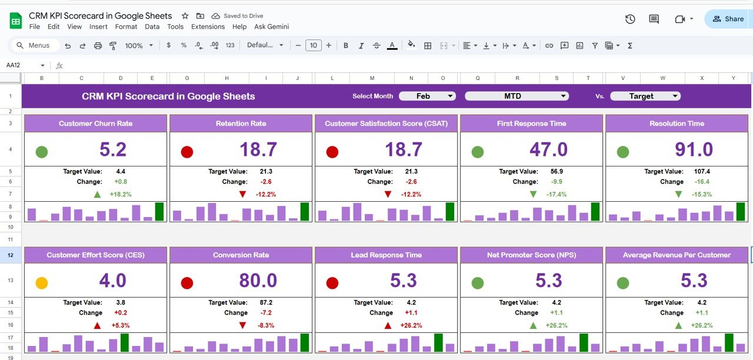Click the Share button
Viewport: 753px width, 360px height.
[x=728, y=19]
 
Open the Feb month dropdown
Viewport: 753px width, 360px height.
[x=427, y=96]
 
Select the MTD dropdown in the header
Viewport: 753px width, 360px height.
[x=517, y=96]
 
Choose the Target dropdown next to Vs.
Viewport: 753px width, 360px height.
[x=645, y=96]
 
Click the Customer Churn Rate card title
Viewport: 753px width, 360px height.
[x=95, y=124]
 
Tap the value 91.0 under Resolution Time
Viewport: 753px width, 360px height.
[x=694, y=149]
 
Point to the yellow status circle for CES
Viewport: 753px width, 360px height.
[x=42, y=283]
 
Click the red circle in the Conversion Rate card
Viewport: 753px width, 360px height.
[x=187, y=283]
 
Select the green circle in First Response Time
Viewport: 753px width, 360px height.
[x=478, y=152]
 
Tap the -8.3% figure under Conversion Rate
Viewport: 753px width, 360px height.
[x=265, y=325]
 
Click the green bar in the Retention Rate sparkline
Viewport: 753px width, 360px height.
[x=304, y=212]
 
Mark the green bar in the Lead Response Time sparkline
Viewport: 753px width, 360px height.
[x=438, y=342]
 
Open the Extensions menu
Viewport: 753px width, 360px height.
[x=208, y=26]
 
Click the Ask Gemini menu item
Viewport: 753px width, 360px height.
[x=271, y=26]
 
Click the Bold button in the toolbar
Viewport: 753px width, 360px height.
[x=345, y=45]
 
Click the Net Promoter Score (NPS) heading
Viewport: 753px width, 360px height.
[x=531, y=255]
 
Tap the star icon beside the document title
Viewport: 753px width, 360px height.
[x=185, y=16]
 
